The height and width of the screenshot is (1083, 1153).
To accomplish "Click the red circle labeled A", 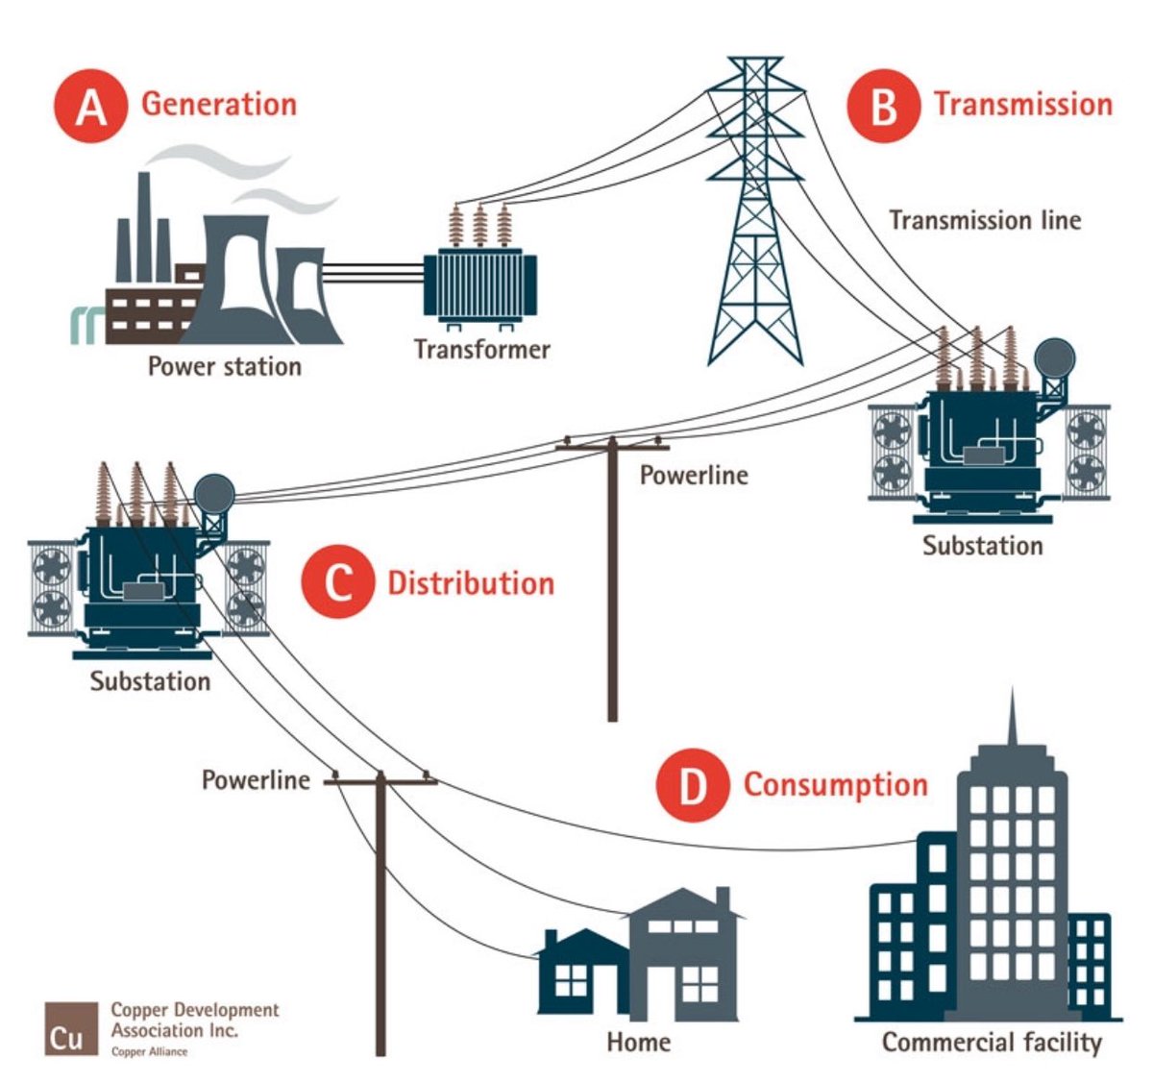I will (x=90, y=106).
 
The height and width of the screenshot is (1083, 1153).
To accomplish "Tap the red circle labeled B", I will (x=883, y=106).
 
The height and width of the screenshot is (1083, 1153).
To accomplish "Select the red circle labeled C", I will (x=337, y=583).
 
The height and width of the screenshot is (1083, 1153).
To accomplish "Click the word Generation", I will (x=219, y=104).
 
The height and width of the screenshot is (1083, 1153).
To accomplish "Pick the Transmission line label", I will (x=984, y=220).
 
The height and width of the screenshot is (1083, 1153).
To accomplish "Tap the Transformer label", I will (x=481, y=349).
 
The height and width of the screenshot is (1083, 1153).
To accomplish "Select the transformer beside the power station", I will (x=479, y=279).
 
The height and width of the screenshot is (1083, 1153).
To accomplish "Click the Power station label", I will (x=224, y=366).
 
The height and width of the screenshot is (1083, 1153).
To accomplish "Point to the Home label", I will (x=638, y=1042).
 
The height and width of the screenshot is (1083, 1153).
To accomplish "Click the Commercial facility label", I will (x=991, y=1043).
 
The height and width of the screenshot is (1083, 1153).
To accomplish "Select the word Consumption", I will (x=835, y=784).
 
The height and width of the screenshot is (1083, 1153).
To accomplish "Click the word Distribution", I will (x=470, y=583).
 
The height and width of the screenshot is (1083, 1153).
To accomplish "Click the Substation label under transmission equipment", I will (x=982, y=546).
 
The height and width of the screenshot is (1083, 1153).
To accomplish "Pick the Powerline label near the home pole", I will (x=256, y=779).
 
